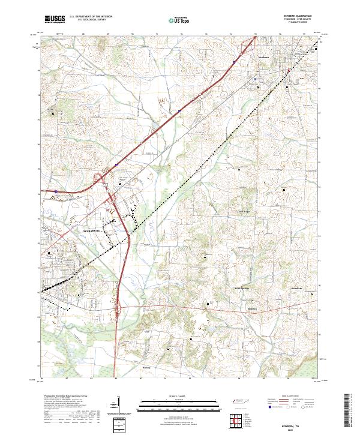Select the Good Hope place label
(x=244, y=212)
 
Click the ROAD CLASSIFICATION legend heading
(x=293, y=397)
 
